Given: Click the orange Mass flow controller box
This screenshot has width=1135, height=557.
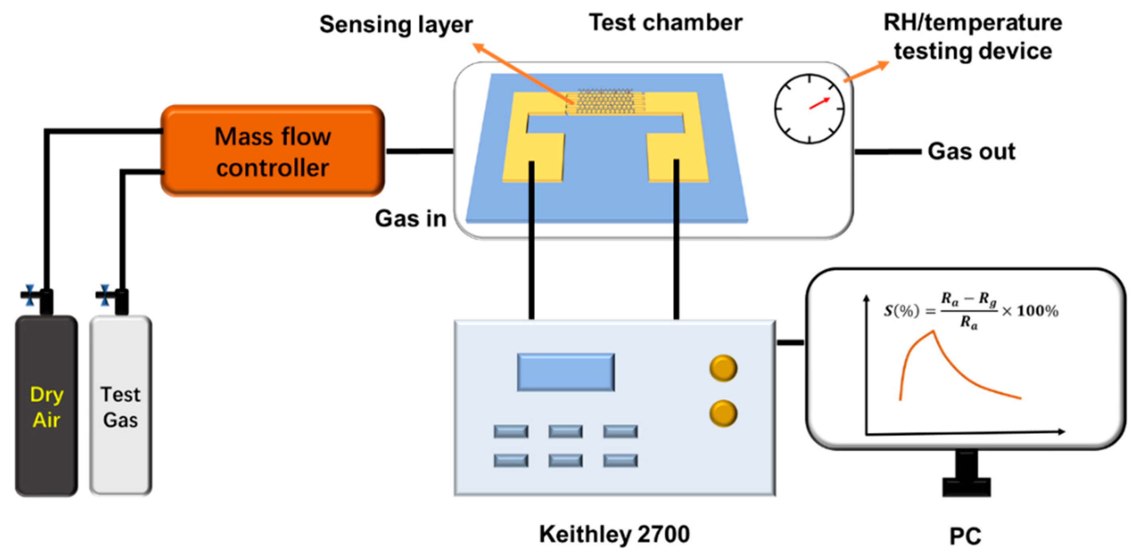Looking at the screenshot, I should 272,151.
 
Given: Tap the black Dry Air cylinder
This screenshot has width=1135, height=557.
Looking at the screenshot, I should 46,405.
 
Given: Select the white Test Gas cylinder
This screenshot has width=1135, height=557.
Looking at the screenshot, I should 120,405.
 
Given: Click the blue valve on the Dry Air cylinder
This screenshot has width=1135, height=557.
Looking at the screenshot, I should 30,295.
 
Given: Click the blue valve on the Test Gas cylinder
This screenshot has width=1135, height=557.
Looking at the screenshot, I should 104,295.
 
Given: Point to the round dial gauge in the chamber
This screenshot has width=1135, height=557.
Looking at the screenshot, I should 809,109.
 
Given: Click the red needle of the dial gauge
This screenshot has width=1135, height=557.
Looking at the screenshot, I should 820,103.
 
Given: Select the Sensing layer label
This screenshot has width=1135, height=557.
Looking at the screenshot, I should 396,24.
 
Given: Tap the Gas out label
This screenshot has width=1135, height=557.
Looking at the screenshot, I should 971,152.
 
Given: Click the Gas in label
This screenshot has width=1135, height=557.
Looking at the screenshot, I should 411,219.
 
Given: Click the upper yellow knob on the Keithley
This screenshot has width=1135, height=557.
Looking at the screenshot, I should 723,368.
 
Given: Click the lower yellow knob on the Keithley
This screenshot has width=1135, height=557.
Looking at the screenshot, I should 723,413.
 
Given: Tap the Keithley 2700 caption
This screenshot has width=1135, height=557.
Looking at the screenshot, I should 614,534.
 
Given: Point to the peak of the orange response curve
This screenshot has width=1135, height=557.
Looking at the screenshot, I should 933,332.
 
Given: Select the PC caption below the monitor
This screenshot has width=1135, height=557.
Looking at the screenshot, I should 965,536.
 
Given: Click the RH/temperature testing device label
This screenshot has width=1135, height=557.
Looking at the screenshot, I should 973,37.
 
